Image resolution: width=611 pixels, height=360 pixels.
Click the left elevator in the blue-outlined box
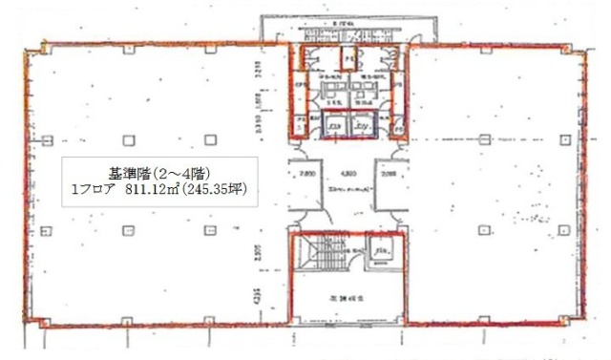[x=334, y=125]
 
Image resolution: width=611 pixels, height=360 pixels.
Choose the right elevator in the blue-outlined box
[x=364, y=125]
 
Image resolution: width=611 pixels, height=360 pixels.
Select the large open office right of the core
[x=496, y=191]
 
